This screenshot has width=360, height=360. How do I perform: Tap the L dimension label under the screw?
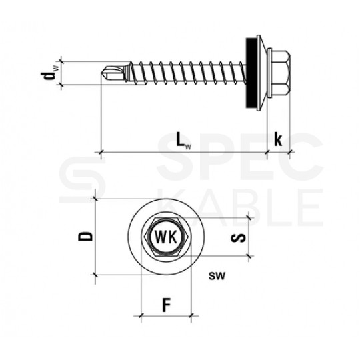pos(184,140)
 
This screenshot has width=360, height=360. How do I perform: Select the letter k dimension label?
pos(278,139)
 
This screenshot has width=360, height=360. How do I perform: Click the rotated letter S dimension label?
pos(238,238)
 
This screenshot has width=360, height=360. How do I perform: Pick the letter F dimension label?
pos(167,305)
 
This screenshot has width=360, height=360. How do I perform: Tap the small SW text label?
pos(217,276)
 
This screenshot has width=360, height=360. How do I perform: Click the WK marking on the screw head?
pos(166,237)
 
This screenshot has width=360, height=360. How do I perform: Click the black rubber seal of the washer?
pos(251,73)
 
